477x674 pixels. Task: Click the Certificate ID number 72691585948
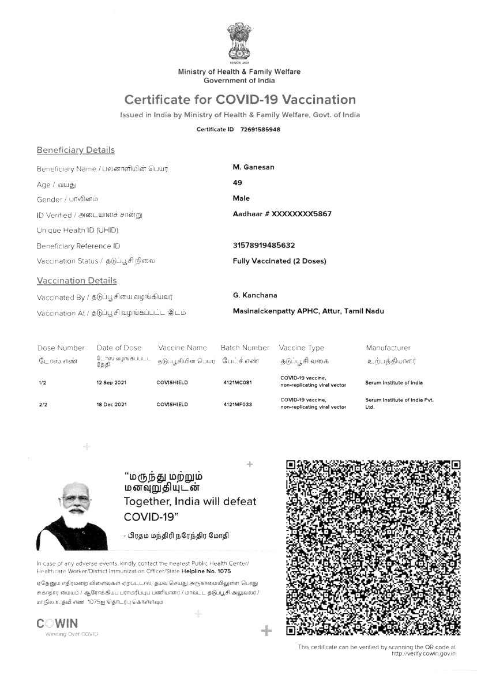point(260,129)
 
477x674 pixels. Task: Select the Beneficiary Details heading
point(76,150)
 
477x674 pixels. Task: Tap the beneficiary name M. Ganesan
point(253,167)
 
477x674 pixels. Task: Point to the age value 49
point(237,183)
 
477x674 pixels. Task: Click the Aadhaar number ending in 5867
point(281,214)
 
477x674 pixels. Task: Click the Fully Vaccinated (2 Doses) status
point(279,261)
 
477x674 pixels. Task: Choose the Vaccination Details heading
point(77,281)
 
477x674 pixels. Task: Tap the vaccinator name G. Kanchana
point(255,295)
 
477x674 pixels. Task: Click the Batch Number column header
point(245,348)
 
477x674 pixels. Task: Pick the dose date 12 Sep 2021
point(111,383)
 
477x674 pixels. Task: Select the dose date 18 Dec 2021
point(111,405)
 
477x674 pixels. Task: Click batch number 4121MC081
point(238,383)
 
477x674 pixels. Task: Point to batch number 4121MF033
point(238,405)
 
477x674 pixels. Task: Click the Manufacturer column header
point(388,348)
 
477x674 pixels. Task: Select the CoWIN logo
point(57,624)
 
